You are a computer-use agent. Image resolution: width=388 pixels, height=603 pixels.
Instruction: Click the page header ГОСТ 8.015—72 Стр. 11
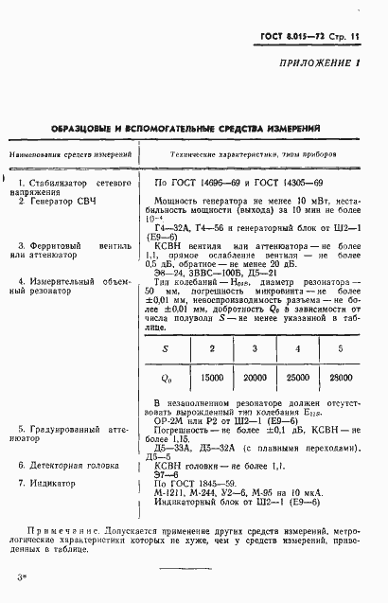tap(316, 36)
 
